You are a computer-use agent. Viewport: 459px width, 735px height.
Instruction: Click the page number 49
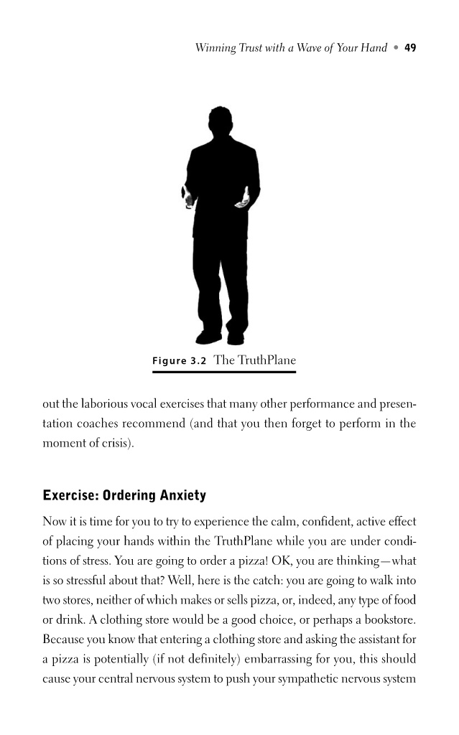(410, 48)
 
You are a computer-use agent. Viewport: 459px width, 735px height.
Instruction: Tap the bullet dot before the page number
(394, 48)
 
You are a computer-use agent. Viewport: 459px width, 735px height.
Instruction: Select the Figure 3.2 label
(179, 361)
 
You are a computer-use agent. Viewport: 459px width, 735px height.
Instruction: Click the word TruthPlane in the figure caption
(266, 360)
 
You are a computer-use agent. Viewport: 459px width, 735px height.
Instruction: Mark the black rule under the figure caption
(223, 372)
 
